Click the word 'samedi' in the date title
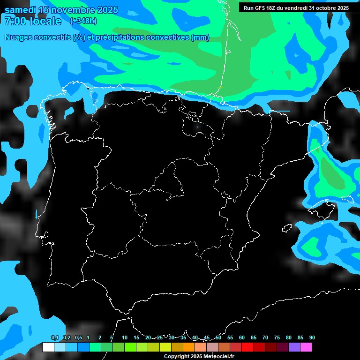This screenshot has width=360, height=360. point(20,10)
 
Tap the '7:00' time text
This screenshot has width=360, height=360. point(15,21)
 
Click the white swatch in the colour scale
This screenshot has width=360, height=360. point(48,347)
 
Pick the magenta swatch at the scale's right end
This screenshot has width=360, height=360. point(306,347)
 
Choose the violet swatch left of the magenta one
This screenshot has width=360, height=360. point(294,347)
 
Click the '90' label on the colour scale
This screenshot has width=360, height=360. point(312,337)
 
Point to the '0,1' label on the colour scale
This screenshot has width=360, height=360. point(55,337)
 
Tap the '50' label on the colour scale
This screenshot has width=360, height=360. point(218,337)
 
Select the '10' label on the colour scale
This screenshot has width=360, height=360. point(125,337)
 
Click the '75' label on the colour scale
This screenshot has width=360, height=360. point(277,337)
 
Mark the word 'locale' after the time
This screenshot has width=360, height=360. point(45,21)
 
